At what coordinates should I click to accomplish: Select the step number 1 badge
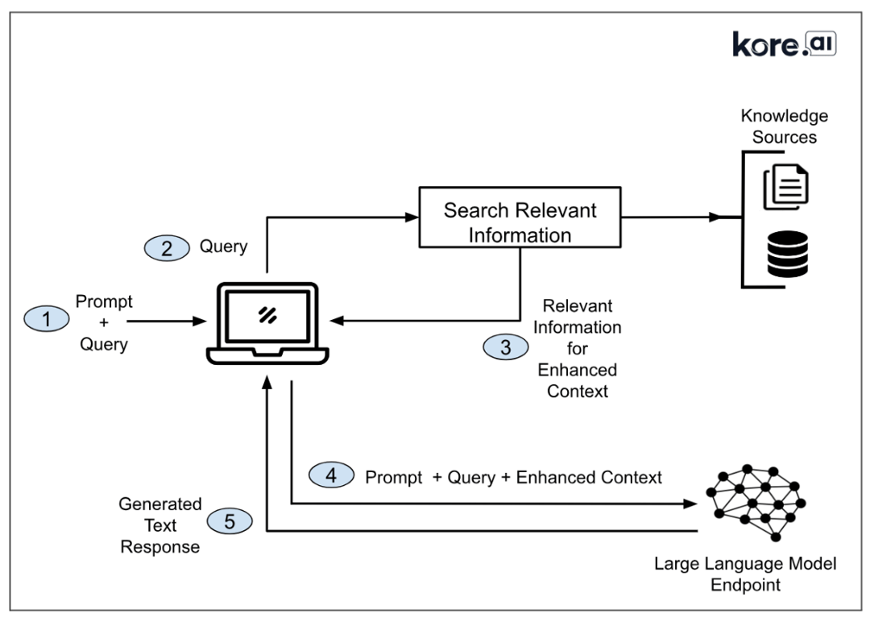(46, 320)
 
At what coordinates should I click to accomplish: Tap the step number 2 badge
(166, 247)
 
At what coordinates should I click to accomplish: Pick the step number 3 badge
(505, 347)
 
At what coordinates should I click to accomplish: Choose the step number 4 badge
(331, 476)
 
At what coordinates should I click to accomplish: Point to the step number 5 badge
(230, 521)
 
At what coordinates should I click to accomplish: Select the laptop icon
(267, 322)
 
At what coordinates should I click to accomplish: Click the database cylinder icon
(787, 253)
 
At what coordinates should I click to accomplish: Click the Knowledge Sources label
(784, 127)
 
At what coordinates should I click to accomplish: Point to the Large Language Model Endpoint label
(745, 574)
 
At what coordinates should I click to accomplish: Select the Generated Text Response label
(159, 525)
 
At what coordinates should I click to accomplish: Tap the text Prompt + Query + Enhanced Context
(513, 477)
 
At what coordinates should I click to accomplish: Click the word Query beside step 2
(223, 247)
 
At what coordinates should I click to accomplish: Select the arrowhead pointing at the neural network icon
(689, 504)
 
